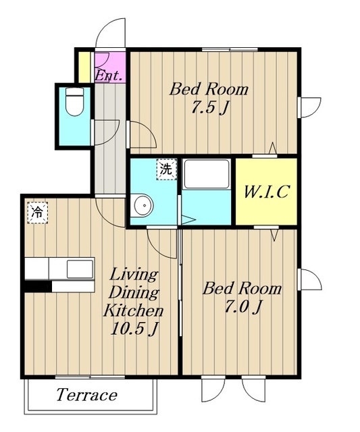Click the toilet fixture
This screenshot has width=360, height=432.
click(75, 101)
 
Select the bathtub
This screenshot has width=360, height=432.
click(207, 174)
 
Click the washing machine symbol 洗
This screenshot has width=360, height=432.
click(167, 169)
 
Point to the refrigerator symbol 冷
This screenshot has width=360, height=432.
click(38, 213)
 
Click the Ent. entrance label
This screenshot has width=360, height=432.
click(108, 76)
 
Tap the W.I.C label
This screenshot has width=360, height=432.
click(266, 192)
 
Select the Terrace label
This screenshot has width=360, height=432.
click(87, 395)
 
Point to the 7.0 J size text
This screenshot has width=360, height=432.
click(243, 307)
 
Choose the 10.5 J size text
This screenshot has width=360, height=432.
click(134, 328)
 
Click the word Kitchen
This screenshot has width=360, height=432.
click(134, 310)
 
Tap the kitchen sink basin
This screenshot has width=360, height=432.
click(80, 269)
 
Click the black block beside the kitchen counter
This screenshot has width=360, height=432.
click(38, 286)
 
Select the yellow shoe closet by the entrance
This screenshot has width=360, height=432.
click(84, 67)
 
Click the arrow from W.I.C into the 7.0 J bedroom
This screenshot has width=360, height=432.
click(274, 235)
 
